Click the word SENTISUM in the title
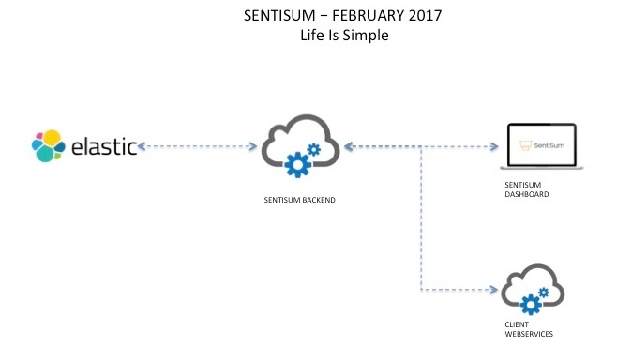click(x=274, y=16)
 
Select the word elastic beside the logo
click(x=104, y=146)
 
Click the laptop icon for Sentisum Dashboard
click(x=543, y=147)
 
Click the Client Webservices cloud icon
click(x=533, y=292)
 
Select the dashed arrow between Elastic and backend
click(x=198, y=146)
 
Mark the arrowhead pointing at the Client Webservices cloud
click(x=493, y=290)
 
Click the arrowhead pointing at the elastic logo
click(x=143, y=146)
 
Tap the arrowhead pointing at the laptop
click(x=493, y=146)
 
